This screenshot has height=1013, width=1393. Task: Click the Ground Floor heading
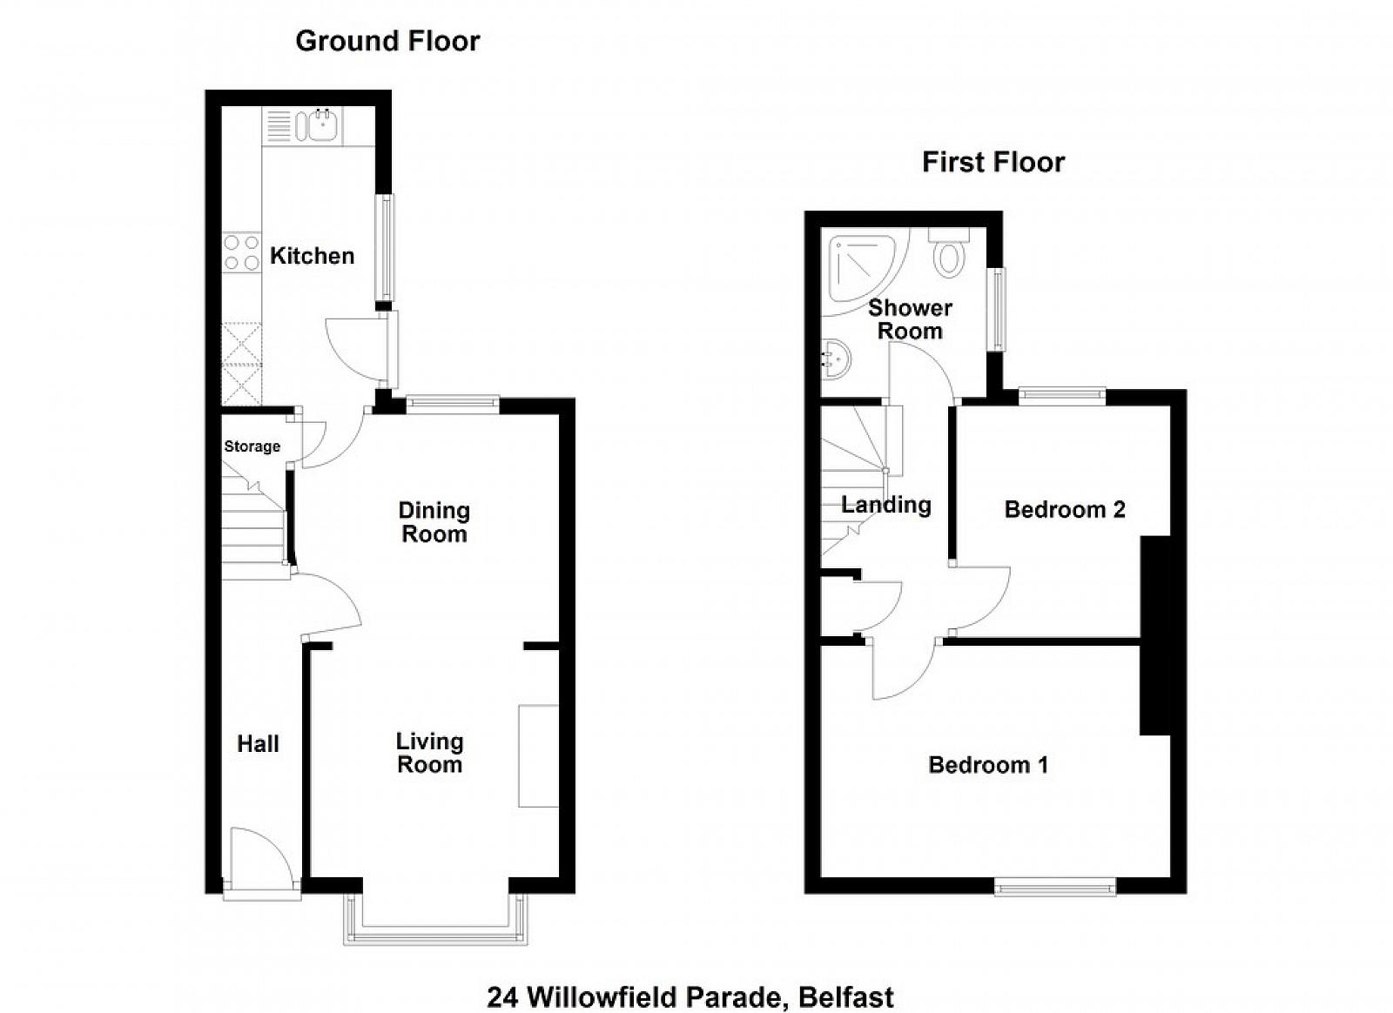point(387,41)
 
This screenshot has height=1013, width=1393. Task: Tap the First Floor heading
point(993,162)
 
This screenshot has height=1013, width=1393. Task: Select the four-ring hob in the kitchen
point(242,252)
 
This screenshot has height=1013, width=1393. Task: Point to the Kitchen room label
point(313,256)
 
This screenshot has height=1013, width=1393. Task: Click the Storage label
point(252,446)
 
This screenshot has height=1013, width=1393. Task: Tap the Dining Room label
point(434,522)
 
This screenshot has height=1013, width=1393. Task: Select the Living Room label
point(430,753)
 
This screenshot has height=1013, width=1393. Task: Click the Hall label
point(258,744)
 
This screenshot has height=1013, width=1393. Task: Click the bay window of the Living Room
point(435,920)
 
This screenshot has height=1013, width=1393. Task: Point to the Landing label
point(886,505)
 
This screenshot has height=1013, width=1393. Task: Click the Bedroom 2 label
point(1065,510)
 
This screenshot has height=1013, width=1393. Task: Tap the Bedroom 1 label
point(988,764)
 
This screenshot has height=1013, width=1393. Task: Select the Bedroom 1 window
point(1054,887)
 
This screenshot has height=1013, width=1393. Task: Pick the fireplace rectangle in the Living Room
point(539,755)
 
